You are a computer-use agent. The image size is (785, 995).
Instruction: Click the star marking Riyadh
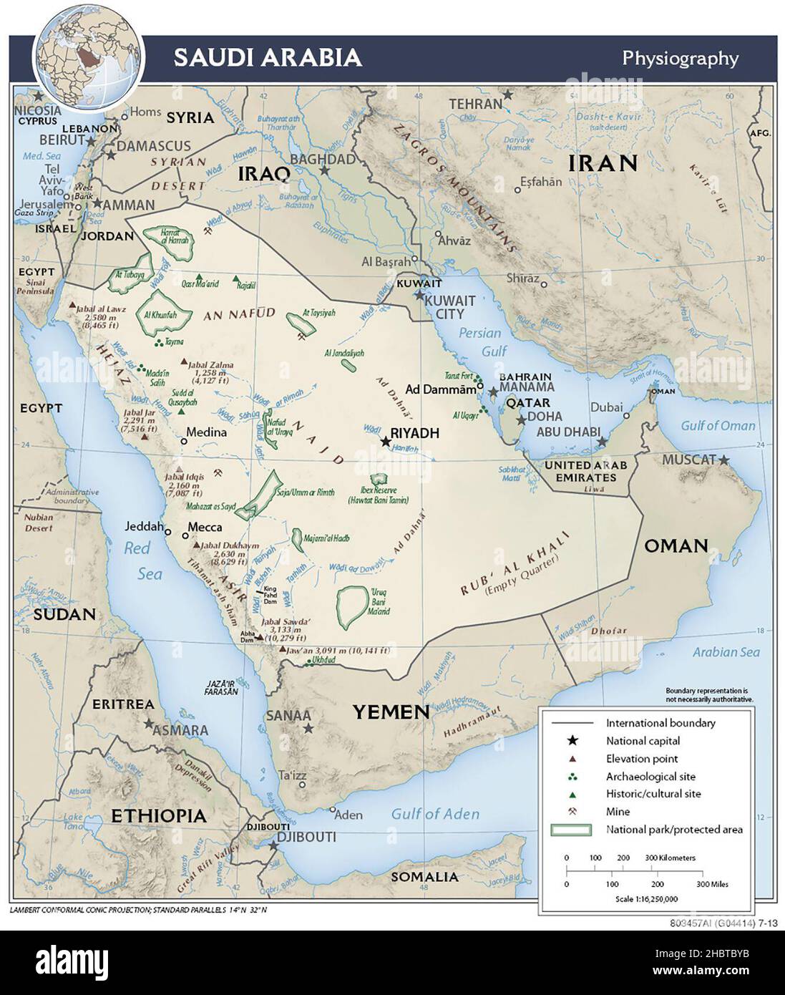386,442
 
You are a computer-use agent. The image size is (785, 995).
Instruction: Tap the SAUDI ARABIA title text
268,58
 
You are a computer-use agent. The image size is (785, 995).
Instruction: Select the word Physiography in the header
680,58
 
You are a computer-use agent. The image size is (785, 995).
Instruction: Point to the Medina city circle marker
184,442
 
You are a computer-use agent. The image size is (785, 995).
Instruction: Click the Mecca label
205,528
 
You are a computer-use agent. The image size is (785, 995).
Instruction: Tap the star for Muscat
725,460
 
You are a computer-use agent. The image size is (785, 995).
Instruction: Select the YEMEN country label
391,712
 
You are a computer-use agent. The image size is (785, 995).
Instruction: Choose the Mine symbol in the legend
572,812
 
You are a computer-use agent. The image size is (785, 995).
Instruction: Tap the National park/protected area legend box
570,830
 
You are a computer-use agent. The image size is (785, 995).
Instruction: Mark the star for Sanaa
308,728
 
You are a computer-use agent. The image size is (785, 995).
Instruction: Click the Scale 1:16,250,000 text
646,899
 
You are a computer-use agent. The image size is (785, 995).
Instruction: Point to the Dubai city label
606,407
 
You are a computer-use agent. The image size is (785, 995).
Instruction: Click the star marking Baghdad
324,171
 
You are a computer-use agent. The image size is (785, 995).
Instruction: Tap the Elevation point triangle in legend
572,759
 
